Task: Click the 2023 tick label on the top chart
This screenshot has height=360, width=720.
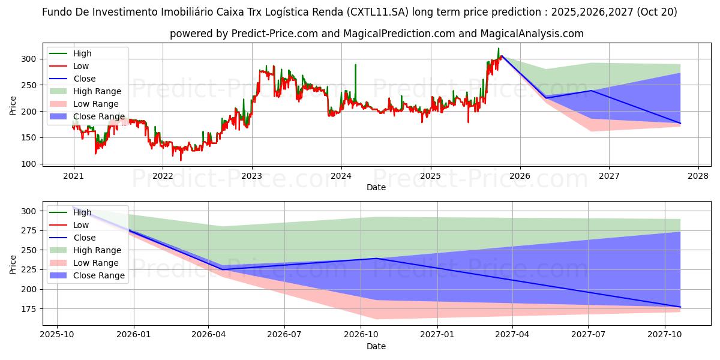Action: coord(251,176)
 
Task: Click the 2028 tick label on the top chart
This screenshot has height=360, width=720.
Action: coord(698,176)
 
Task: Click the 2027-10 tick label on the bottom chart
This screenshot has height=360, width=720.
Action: coord(664,334)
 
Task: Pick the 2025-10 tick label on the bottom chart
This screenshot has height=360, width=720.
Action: coord(57,334)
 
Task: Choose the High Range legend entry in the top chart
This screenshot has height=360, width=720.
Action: coord(97,91)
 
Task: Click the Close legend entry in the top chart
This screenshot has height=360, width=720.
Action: coord(85,79)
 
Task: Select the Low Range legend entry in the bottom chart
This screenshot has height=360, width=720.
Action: coord(96,263)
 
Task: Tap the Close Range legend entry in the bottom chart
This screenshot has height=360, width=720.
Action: coord(99,275)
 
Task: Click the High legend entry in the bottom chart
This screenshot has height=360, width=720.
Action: coord(82,212)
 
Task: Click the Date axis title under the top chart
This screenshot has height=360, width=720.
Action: coord(376,188)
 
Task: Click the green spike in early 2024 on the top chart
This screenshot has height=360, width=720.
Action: coord(355,65)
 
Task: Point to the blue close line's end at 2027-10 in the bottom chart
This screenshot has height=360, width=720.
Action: coord(680,307)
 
